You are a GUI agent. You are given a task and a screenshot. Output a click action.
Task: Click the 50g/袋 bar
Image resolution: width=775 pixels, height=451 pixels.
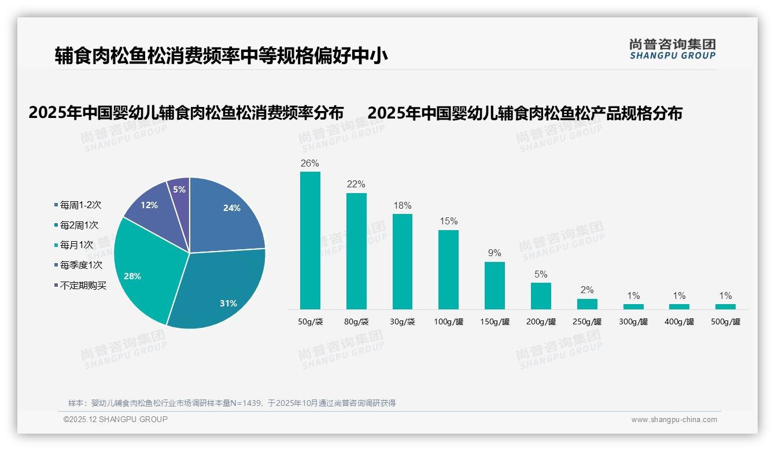310,240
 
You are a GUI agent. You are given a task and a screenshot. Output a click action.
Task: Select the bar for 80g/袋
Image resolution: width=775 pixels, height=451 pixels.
356,251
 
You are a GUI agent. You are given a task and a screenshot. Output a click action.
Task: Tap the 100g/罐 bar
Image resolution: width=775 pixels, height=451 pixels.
448,269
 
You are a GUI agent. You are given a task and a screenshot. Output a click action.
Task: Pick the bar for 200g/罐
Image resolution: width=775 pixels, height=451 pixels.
541,295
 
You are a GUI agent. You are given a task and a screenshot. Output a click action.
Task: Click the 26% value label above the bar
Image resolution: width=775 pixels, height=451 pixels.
310,164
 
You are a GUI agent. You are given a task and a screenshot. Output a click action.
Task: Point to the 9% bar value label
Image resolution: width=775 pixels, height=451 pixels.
494,253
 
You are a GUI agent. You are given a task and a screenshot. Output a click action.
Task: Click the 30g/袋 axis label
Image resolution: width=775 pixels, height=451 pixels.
403,322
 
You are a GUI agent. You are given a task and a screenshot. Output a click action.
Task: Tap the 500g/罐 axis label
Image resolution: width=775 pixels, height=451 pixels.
725,322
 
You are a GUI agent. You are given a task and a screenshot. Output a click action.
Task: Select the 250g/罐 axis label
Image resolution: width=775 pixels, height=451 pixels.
587,322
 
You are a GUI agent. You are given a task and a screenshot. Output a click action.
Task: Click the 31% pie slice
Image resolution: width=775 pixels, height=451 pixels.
220,289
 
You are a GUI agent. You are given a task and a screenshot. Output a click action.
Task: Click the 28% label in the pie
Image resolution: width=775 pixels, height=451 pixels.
132,276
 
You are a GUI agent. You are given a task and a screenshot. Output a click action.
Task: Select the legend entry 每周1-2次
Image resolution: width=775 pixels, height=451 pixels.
80,205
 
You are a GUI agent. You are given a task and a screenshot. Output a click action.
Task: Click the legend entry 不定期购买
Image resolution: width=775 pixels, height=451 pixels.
83,285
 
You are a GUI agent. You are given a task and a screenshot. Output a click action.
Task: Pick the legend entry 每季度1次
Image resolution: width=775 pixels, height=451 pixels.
81,265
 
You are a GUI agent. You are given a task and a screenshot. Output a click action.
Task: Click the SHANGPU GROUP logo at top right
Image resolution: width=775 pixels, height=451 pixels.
672,49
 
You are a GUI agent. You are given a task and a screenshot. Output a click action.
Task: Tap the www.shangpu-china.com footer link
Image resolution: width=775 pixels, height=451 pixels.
674,420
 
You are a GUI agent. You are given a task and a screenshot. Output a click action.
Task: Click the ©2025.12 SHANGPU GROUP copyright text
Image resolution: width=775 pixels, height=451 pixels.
116,419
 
